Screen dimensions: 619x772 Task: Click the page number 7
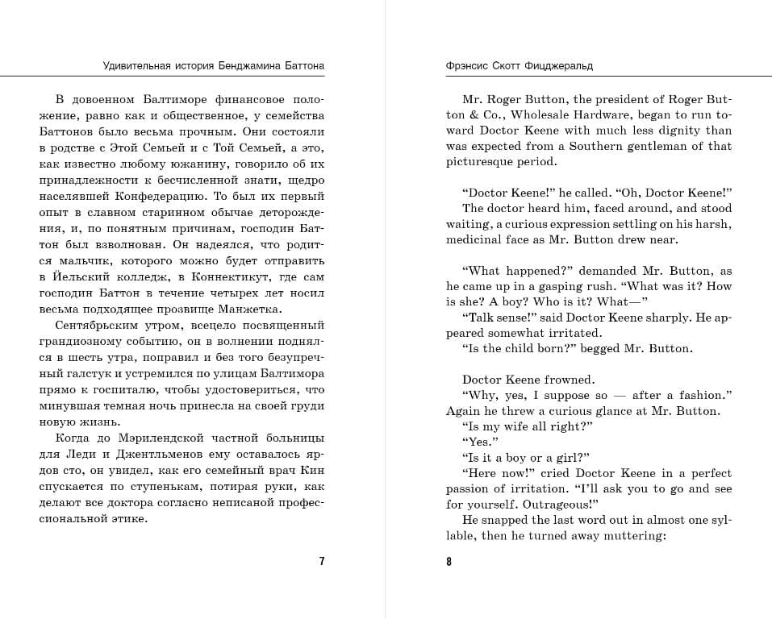click(322, 562)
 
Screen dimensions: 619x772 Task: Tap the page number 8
click(449, 562)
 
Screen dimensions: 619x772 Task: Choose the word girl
click(573, 457)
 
